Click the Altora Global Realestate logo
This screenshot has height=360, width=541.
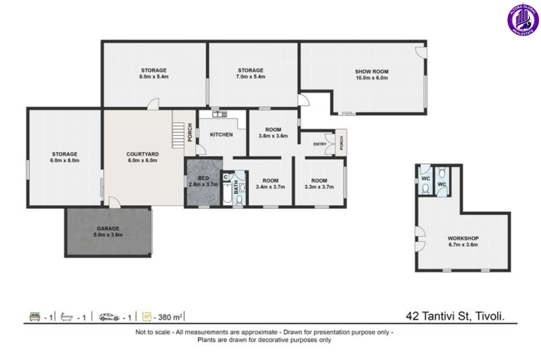pos(523,20)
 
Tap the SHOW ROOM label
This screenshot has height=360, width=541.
pos(372,72)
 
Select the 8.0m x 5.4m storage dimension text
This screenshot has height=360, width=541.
pos(154,77)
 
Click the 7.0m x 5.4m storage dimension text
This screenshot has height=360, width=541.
pos(251,77)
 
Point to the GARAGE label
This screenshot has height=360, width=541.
pos(108,228)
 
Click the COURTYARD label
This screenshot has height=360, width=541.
pos(143,154)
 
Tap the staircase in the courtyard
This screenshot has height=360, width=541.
pos(178,135)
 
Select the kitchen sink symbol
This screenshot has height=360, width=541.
pos(220,114)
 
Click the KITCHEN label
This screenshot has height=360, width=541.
pos(221,135)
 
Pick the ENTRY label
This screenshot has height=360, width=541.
pos(320,144)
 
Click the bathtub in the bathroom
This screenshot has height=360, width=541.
pos(227,193)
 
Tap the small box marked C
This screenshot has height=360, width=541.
pos(226,177)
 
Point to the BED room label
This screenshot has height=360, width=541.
pos(203,178)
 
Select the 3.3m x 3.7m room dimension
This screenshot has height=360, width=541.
pos(319,187)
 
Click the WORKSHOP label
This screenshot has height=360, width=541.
pos(463,238)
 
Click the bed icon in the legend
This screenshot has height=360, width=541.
pos(35,317)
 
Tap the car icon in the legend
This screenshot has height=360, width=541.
pos(109,317)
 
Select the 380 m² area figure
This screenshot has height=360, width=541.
pos(170,317)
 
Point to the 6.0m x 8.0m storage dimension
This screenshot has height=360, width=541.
pos(65,160)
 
